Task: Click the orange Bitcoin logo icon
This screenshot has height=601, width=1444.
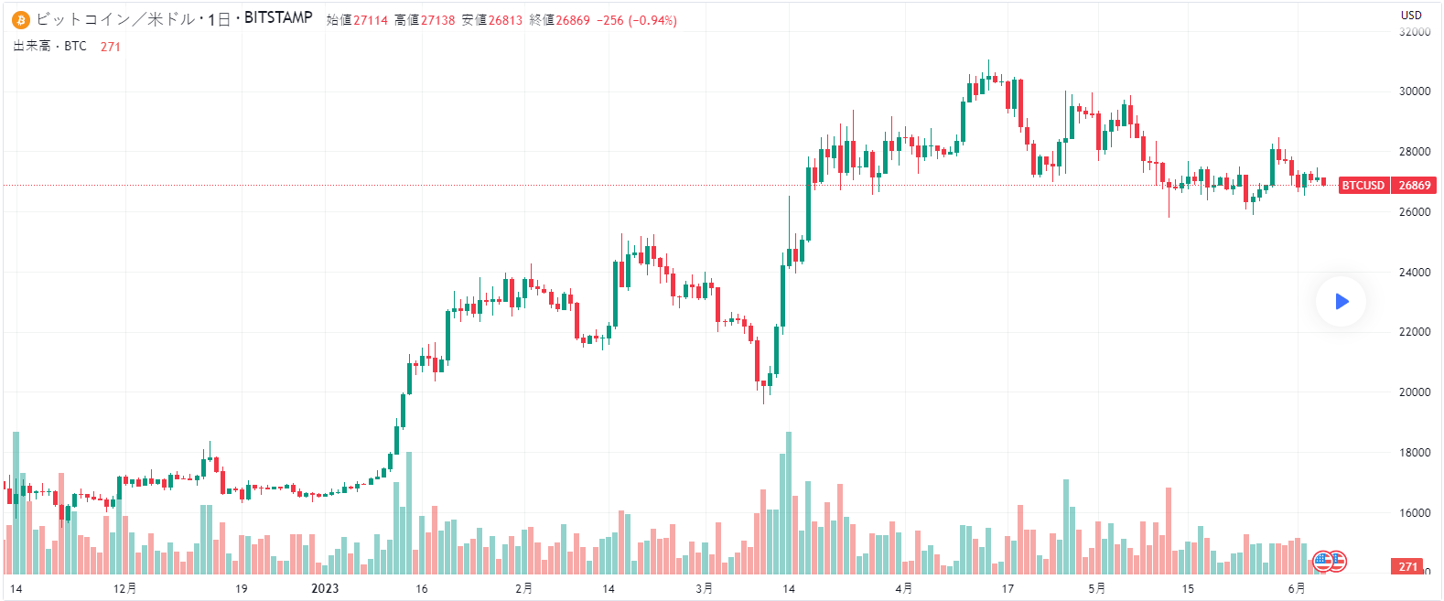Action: click(21, 20)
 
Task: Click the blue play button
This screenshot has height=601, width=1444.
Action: click(1342, 301)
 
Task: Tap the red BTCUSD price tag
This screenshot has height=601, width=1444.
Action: click(1363, 186)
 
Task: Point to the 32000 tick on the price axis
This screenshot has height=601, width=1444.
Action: click(1415, 32)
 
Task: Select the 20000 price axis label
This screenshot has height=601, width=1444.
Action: click(1415, 392)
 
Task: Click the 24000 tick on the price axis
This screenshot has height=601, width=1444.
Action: click(1415, 273)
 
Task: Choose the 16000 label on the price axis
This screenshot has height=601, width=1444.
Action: click(1415, 513)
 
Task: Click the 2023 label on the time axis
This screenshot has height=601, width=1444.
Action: click(325, 588)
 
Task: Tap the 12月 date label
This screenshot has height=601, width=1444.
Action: click(125, 588)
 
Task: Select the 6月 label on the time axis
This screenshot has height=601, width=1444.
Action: click(1297, 588)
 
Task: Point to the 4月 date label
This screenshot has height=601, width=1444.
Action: click(904, 588)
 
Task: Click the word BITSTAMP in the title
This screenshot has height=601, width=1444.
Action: click(278, 18)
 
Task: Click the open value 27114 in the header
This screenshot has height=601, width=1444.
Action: click(371, 20)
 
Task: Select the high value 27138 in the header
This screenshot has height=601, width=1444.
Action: click(437, 20)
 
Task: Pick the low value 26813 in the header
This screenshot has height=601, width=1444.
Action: click(505, 20)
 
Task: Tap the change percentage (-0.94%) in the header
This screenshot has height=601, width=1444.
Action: click(652, 20)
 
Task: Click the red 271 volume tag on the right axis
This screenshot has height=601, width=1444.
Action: click(1407, 567)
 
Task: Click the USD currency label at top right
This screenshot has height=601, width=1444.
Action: click(1411, 15)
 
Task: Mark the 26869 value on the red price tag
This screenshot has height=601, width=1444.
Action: click(1415, 186)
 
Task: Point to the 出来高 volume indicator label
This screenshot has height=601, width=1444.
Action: click(32, 46)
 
